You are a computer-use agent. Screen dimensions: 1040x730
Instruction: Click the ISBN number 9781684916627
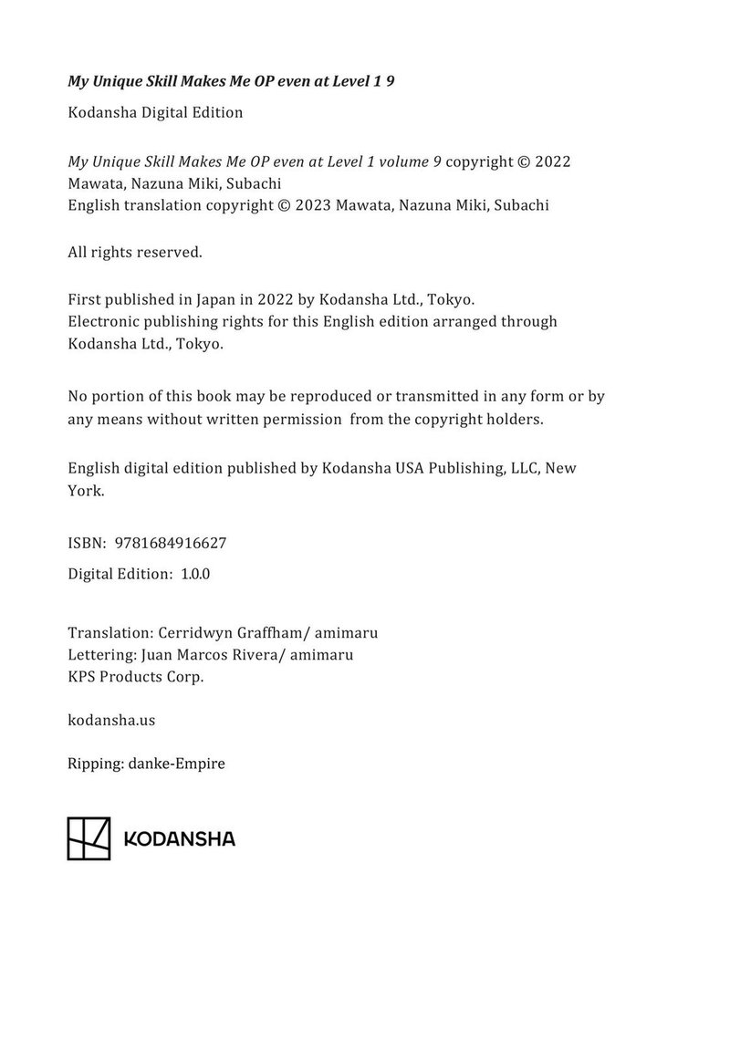click(171, 543)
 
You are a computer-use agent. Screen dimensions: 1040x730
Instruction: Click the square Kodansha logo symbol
click(89, 838)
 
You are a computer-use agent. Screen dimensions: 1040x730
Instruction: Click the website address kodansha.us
click(111, 720)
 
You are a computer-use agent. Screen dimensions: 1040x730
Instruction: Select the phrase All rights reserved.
click(135, 252)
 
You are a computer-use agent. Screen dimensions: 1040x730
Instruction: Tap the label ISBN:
click(88, 543)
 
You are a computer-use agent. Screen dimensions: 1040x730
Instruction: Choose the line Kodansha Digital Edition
click(155, 113)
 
